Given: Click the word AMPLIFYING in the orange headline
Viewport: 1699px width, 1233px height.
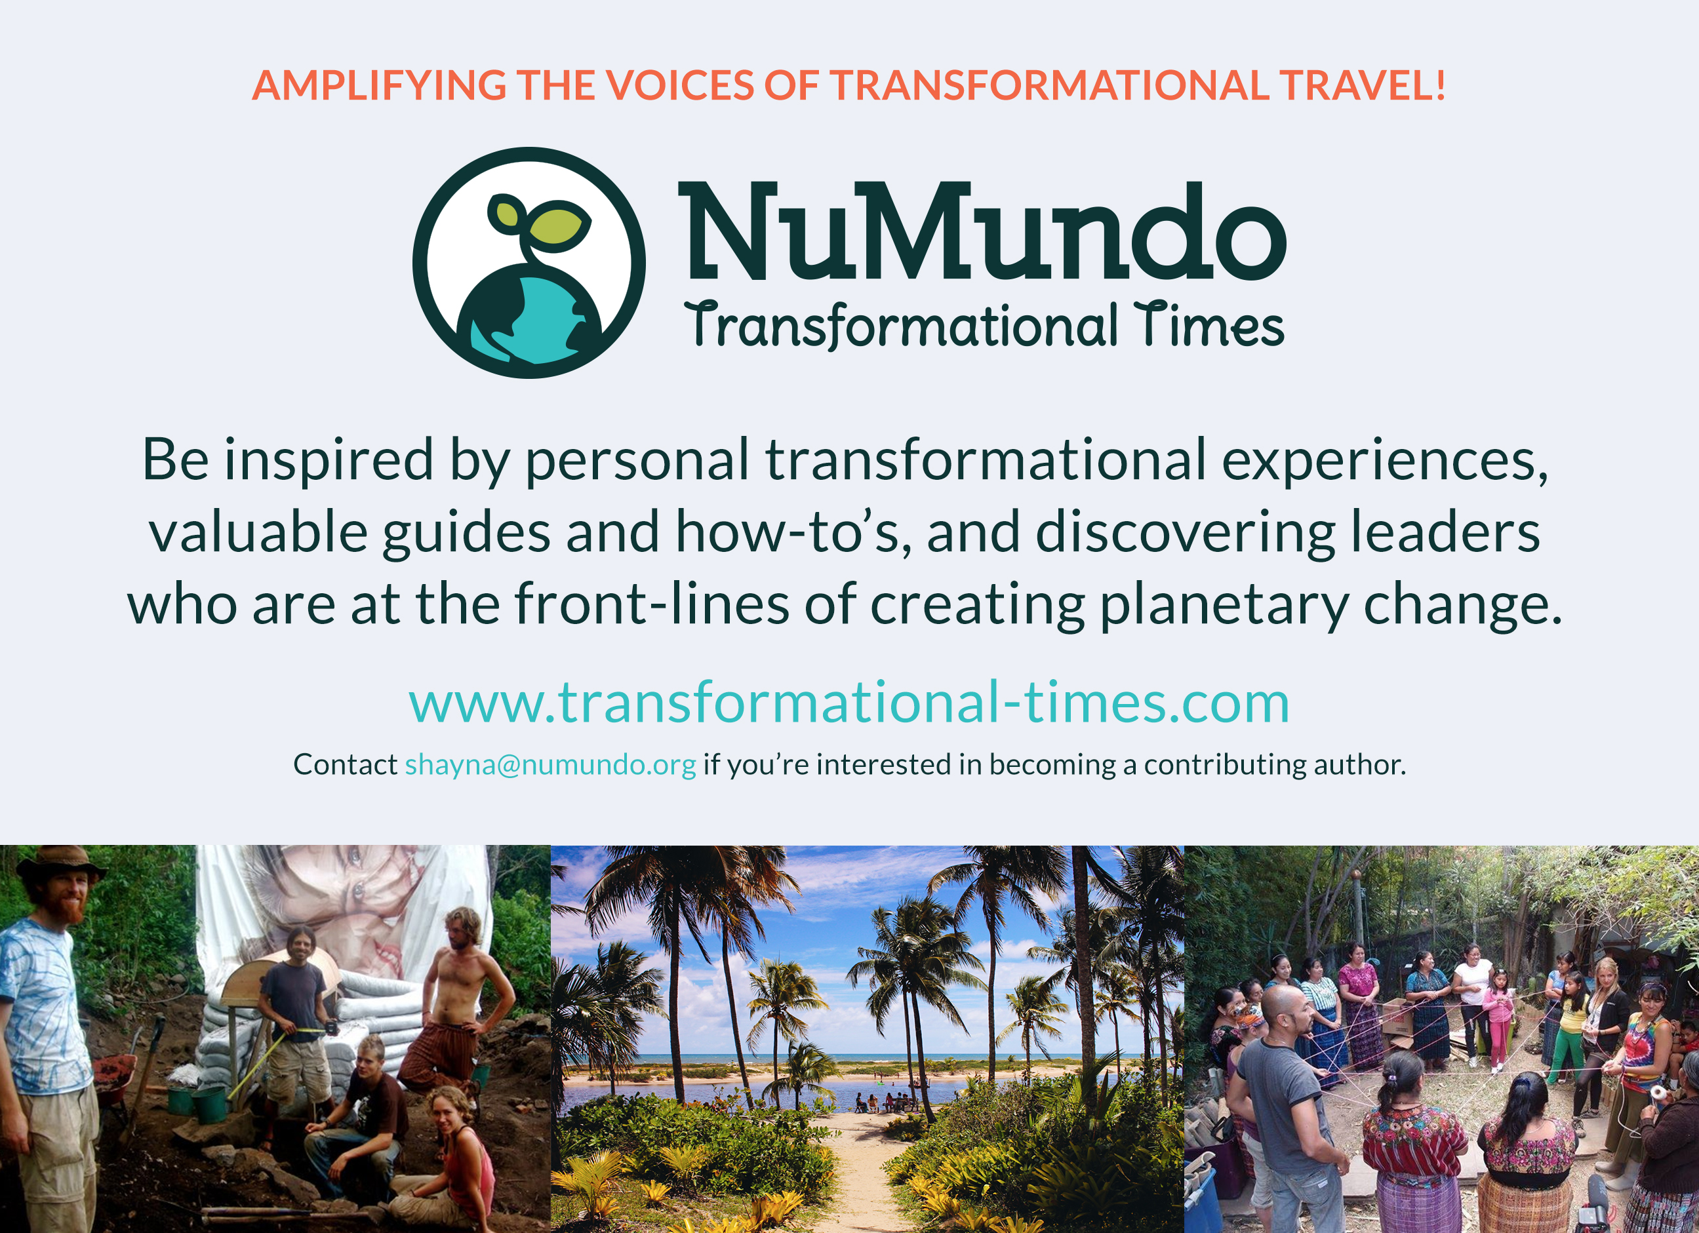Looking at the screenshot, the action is point(379,85).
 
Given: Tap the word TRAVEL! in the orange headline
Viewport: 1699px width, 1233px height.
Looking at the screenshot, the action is point(1362,85).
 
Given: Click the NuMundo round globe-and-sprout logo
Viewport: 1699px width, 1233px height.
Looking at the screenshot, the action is point(529,263).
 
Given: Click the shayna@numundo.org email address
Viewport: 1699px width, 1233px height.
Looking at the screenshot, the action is point(551,765).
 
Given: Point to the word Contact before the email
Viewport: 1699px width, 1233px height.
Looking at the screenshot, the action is point(346,764).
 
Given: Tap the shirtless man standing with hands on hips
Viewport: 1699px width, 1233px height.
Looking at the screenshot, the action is point(457,1003).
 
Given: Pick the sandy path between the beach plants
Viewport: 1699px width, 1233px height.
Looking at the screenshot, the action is point(862,1175).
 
